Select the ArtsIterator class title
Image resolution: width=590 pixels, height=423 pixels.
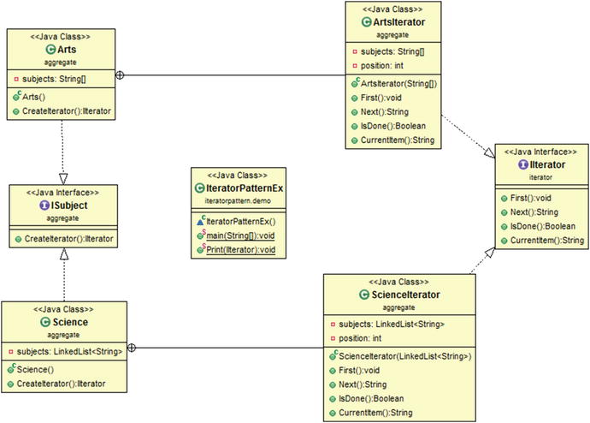coord(398,22)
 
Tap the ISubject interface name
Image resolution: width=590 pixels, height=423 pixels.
coord(65,206)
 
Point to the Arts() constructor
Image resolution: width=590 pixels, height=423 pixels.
coord(44,96)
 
